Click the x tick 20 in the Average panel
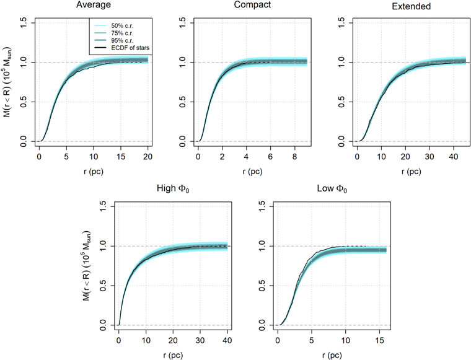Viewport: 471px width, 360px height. click(147, 157)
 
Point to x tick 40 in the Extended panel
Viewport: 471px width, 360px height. click(453, 157)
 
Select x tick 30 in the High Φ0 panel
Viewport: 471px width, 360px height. click(200, 341)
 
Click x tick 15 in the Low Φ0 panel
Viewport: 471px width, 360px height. click(377, 341)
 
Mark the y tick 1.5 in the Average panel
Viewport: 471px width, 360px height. click(22, 22)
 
